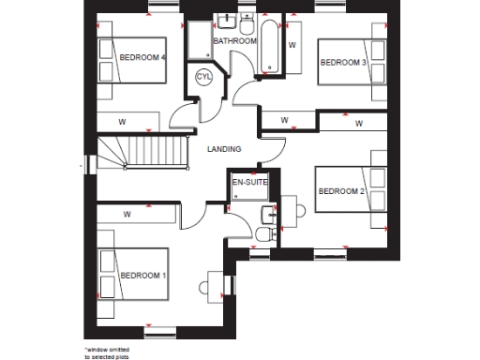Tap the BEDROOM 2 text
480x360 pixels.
point(340,191)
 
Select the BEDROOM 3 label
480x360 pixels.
point(343,62)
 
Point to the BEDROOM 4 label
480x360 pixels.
point(142,57)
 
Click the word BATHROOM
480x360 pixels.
point(234,42)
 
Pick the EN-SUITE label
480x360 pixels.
point(250,184)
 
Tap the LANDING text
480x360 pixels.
point(224,149)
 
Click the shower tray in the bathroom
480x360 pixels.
point(200,41)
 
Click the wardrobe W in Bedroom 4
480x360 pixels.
point(122,121)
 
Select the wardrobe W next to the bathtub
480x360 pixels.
point(292,44)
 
